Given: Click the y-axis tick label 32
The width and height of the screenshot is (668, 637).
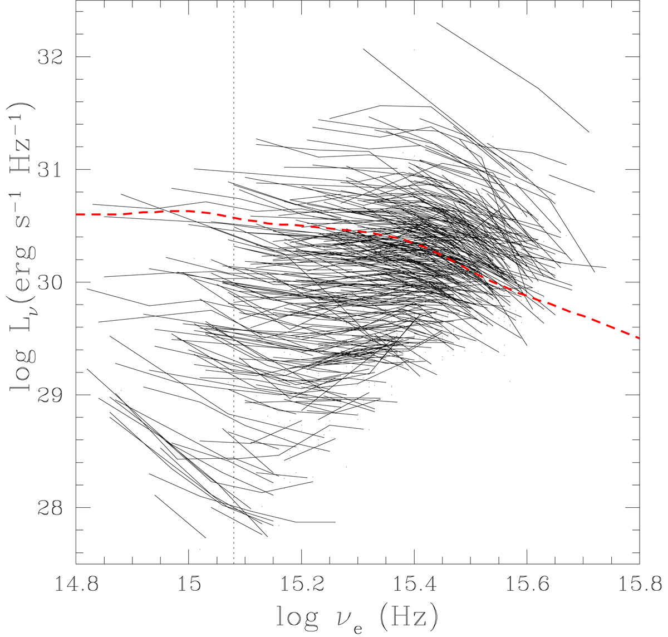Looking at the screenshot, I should click(x=48, y=57).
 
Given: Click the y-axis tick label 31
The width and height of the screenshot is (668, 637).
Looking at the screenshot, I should click(x=48, y=169).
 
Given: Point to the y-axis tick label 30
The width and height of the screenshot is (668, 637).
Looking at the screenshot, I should click(x=48, y=282).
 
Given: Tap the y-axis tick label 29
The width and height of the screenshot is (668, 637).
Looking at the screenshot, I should click(x=48, y=395).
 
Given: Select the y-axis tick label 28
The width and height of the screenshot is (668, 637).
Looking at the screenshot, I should click(x=48, y=508).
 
